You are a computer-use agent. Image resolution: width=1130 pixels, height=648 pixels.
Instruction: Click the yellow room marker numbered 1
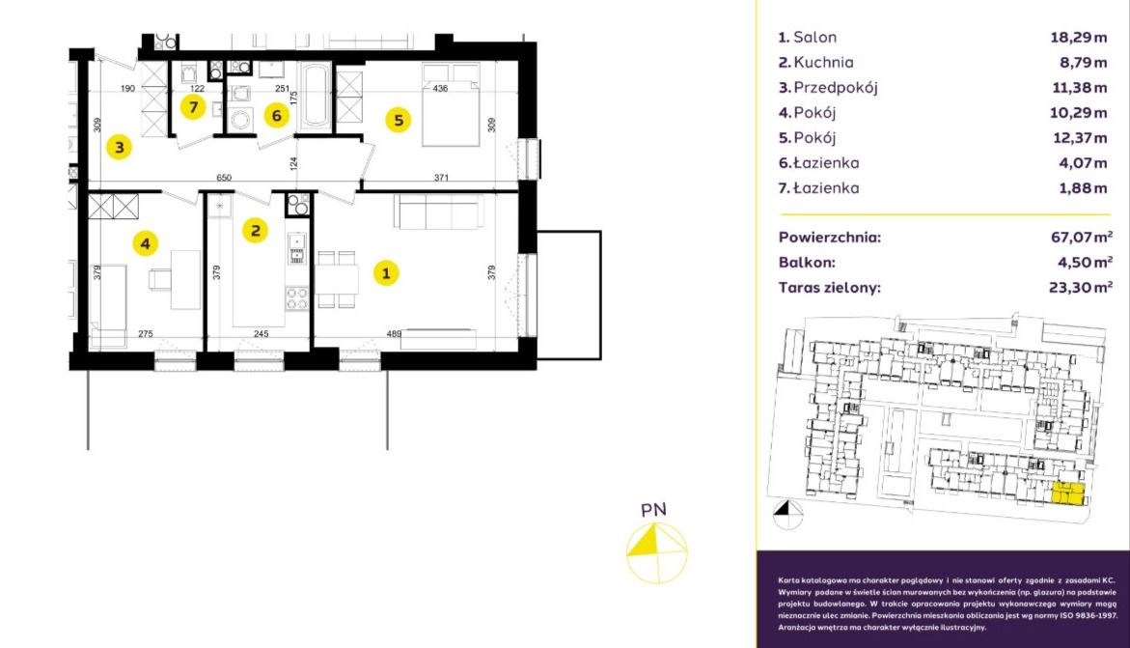[386, 272]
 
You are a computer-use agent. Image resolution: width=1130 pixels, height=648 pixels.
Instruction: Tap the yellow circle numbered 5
[399, 120]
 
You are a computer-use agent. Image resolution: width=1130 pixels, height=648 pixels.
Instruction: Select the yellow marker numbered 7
[193, 107]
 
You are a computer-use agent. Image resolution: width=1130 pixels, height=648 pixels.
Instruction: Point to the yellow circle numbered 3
[120, 147]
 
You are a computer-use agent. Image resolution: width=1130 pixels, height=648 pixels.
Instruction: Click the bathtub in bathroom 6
[315, 97]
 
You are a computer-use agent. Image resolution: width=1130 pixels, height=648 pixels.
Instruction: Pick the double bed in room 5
[452, 104]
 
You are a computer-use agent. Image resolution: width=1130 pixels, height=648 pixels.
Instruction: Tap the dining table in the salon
[337, 279]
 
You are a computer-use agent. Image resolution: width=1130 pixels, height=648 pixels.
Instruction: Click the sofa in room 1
[435, 212]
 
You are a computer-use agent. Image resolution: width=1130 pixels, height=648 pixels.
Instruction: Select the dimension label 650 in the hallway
[224, 178]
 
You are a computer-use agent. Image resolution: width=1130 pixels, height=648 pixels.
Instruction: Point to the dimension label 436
[440, 89]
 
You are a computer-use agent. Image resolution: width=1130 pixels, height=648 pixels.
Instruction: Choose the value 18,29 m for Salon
[1079, 38]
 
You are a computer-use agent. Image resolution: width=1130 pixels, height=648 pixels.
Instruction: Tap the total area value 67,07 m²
[1082, 237]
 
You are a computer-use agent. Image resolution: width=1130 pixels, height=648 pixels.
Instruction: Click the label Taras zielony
[830, 288]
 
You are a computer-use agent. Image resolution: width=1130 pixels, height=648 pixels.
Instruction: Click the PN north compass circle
[656, 552]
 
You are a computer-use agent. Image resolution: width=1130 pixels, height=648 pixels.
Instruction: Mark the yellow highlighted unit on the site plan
[1069, 493]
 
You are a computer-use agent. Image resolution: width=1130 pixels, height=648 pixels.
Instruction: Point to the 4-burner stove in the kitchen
[297, 298]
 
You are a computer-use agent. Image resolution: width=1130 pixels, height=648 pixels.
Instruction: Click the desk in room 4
[185, 280]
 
